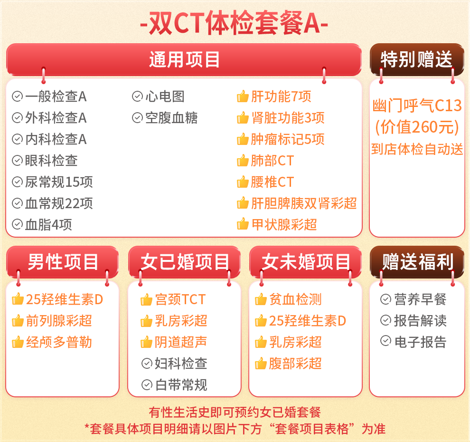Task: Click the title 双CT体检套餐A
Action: (234, 23)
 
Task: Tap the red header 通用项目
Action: (184, 59)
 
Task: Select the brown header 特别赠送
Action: (417, 59)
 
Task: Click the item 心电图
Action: (165, 96)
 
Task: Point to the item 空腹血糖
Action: (171, 118)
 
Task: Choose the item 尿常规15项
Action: (59, 182)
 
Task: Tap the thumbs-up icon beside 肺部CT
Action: (243, 161)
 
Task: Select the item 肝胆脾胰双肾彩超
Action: (304, 203)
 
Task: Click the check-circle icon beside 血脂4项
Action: (18, 224)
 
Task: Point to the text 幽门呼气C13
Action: (417, 106)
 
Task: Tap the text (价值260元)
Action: (417, 127)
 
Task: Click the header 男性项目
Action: (63, 262)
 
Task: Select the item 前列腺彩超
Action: (59, 321)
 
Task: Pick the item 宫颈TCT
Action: (180, 299)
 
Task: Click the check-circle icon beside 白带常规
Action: (147, 384)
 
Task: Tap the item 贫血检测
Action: (296, 299)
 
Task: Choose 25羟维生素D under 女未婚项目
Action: (308, 321)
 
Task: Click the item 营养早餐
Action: (420, 299)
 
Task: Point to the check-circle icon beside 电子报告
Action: (386, 341)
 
